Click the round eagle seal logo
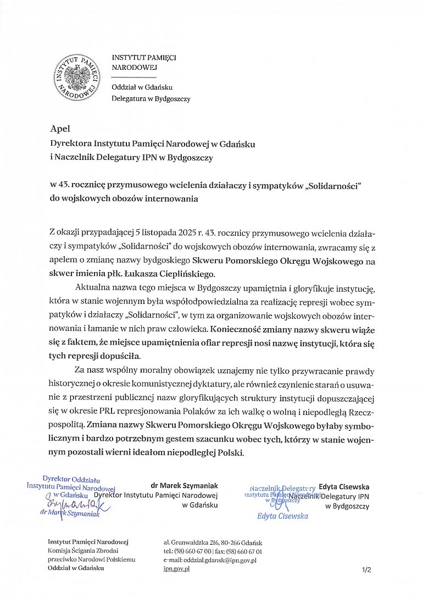pyautogui.click(x=77, y=77)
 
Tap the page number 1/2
pyautogui.click(x=366, y=570)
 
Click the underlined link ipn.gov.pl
pyautogui.click(x=176, y=569)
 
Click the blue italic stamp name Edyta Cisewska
pyautogui.click(x=282, y=516)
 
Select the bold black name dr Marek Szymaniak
pyautogui.click(x=184, y=486)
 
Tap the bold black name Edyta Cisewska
pyautogui.click(x=344, y=487)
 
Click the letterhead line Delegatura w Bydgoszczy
pyautogui.click(x=151, y=99)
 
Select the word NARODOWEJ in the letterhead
pyautogui.click(x=134, y=68)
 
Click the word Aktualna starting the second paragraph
pyautogui.click(x=92, y=288)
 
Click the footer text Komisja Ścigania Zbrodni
pyautogui.click(x=82, y=551)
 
